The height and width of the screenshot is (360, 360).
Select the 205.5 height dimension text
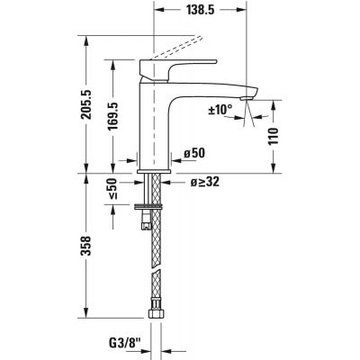point(88,104)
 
